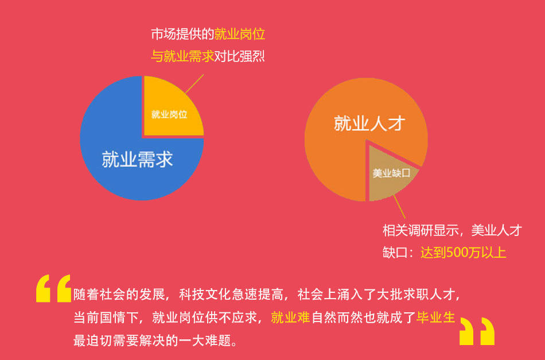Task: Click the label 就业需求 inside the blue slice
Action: (x=137, y=159)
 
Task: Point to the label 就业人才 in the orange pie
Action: (x=369, y=123)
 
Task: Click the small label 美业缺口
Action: (x=391, y=173)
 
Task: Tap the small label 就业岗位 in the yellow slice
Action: (x=169, y=114)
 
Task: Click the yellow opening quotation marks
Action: (x=54, y=288)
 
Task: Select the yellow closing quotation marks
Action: (x=477, y=331)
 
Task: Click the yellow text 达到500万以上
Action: (x=463, y=253)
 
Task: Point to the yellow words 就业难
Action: (x=290, y=317)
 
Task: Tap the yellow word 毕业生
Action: (x=436, y=317)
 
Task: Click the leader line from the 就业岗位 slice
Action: (x=194, y=84)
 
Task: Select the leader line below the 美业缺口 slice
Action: (x=399, y=207)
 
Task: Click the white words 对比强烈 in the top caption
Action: (x=239, y=56)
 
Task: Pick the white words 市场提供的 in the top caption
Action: (x=182, y=34)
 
